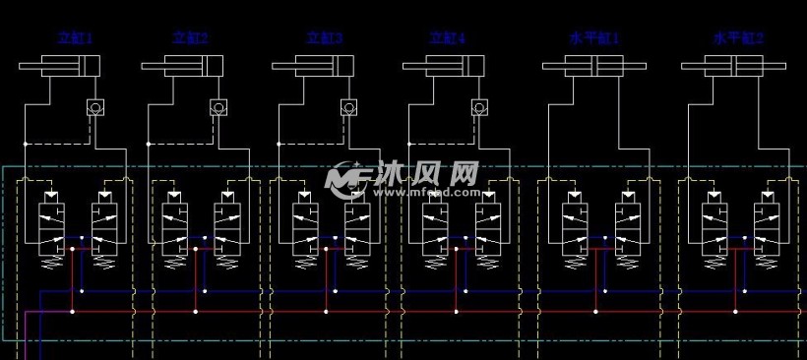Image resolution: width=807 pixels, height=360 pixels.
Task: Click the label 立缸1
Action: click(x=74, y=38)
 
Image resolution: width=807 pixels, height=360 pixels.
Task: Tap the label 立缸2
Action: click(x=190, y=38)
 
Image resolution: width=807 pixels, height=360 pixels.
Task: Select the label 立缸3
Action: click(x=325, y=38)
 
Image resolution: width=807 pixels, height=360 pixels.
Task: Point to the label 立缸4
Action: click(x=447, y=38)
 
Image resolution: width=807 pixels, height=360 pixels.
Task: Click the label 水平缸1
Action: click(x=594, y=38)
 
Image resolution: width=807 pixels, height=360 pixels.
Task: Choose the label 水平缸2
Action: click(x=739, y=38)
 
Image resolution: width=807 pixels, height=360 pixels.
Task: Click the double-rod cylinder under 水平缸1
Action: click(x=594, y=67)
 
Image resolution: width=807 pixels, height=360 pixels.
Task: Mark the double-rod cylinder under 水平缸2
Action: click(x=733, y=67)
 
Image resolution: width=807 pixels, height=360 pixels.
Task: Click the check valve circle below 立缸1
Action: click(x=94, y=106)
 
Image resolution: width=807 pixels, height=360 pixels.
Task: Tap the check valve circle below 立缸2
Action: click(x=217, y=106)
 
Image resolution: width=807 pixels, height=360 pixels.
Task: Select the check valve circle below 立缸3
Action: click(x=347, y=106)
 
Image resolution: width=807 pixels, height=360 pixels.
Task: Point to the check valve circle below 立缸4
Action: click(x=478, y=106)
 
